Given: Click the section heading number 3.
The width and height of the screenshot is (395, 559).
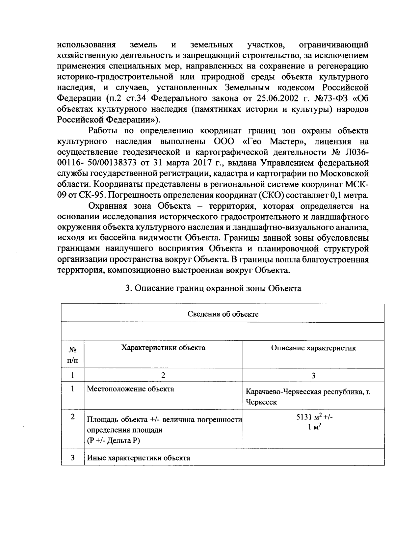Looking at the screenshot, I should click(129, 288).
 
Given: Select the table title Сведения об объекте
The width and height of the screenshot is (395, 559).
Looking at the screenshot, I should click(223, 314).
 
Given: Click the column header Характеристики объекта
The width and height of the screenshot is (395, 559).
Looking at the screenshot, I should click(163, 348).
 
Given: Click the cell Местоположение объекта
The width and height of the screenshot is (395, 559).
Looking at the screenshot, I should click(130, 389).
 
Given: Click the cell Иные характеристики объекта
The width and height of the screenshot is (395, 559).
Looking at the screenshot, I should click(138, 458).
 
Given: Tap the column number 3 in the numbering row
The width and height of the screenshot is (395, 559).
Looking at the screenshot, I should click(313, 375).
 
